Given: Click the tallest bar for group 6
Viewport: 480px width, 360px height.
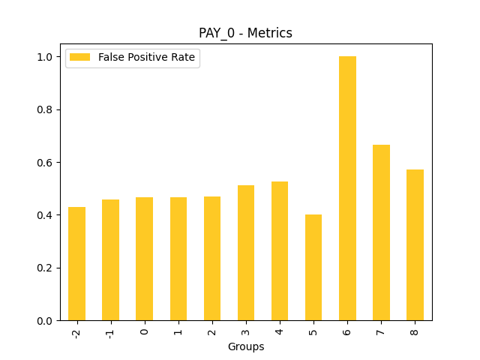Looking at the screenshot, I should point(347,188).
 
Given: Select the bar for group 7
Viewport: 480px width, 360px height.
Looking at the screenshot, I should point(381,232).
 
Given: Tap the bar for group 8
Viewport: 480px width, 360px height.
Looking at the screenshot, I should point(415,245).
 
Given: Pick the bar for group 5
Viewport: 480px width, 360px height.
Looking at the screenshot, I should point(313,268).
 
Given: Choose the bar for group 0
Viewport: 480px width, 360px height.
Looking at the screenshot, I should point(144,259).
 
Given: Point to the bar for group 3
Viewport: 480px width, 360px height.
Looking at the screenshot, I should point(246,253).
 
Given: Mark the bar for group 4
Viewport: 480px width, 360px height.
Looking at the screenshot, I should point(280,251).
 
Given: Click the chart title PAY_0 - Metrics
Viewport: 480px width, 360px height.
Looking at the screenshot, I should point(245,33).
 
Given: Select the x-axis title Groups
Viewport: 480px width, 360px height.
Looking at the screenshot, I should point(246,346).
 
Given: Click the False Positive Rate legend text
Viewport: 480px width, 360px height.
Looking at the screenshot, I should point(146,58).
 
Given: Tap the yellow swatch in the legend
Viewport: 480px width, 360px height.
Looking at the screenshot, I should point(81,58).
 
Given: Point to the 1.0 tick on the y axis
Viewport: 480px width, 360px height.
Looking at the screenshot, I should point(44,57).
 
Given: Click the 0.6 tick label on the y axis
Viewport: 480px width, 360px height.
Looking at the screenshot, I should point(44,163).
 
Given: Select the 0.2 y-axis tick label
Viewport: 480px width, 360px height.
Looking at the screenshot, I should point(44,268).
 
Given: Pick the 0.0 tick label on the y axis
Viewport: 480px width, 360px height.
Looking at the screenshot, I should point(44,321).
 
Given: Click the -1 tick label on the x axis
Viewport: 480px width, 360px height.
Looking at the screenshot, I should point(110,331).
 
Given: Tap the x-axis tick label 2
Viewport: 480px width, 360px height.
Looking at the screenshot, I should point(212,330).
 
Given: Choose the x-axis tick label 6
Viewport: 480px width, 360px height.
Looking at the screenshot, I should point(347,330).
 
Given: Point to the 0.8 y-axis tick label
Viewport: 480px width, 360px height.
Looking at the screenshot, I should point(44,109).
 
